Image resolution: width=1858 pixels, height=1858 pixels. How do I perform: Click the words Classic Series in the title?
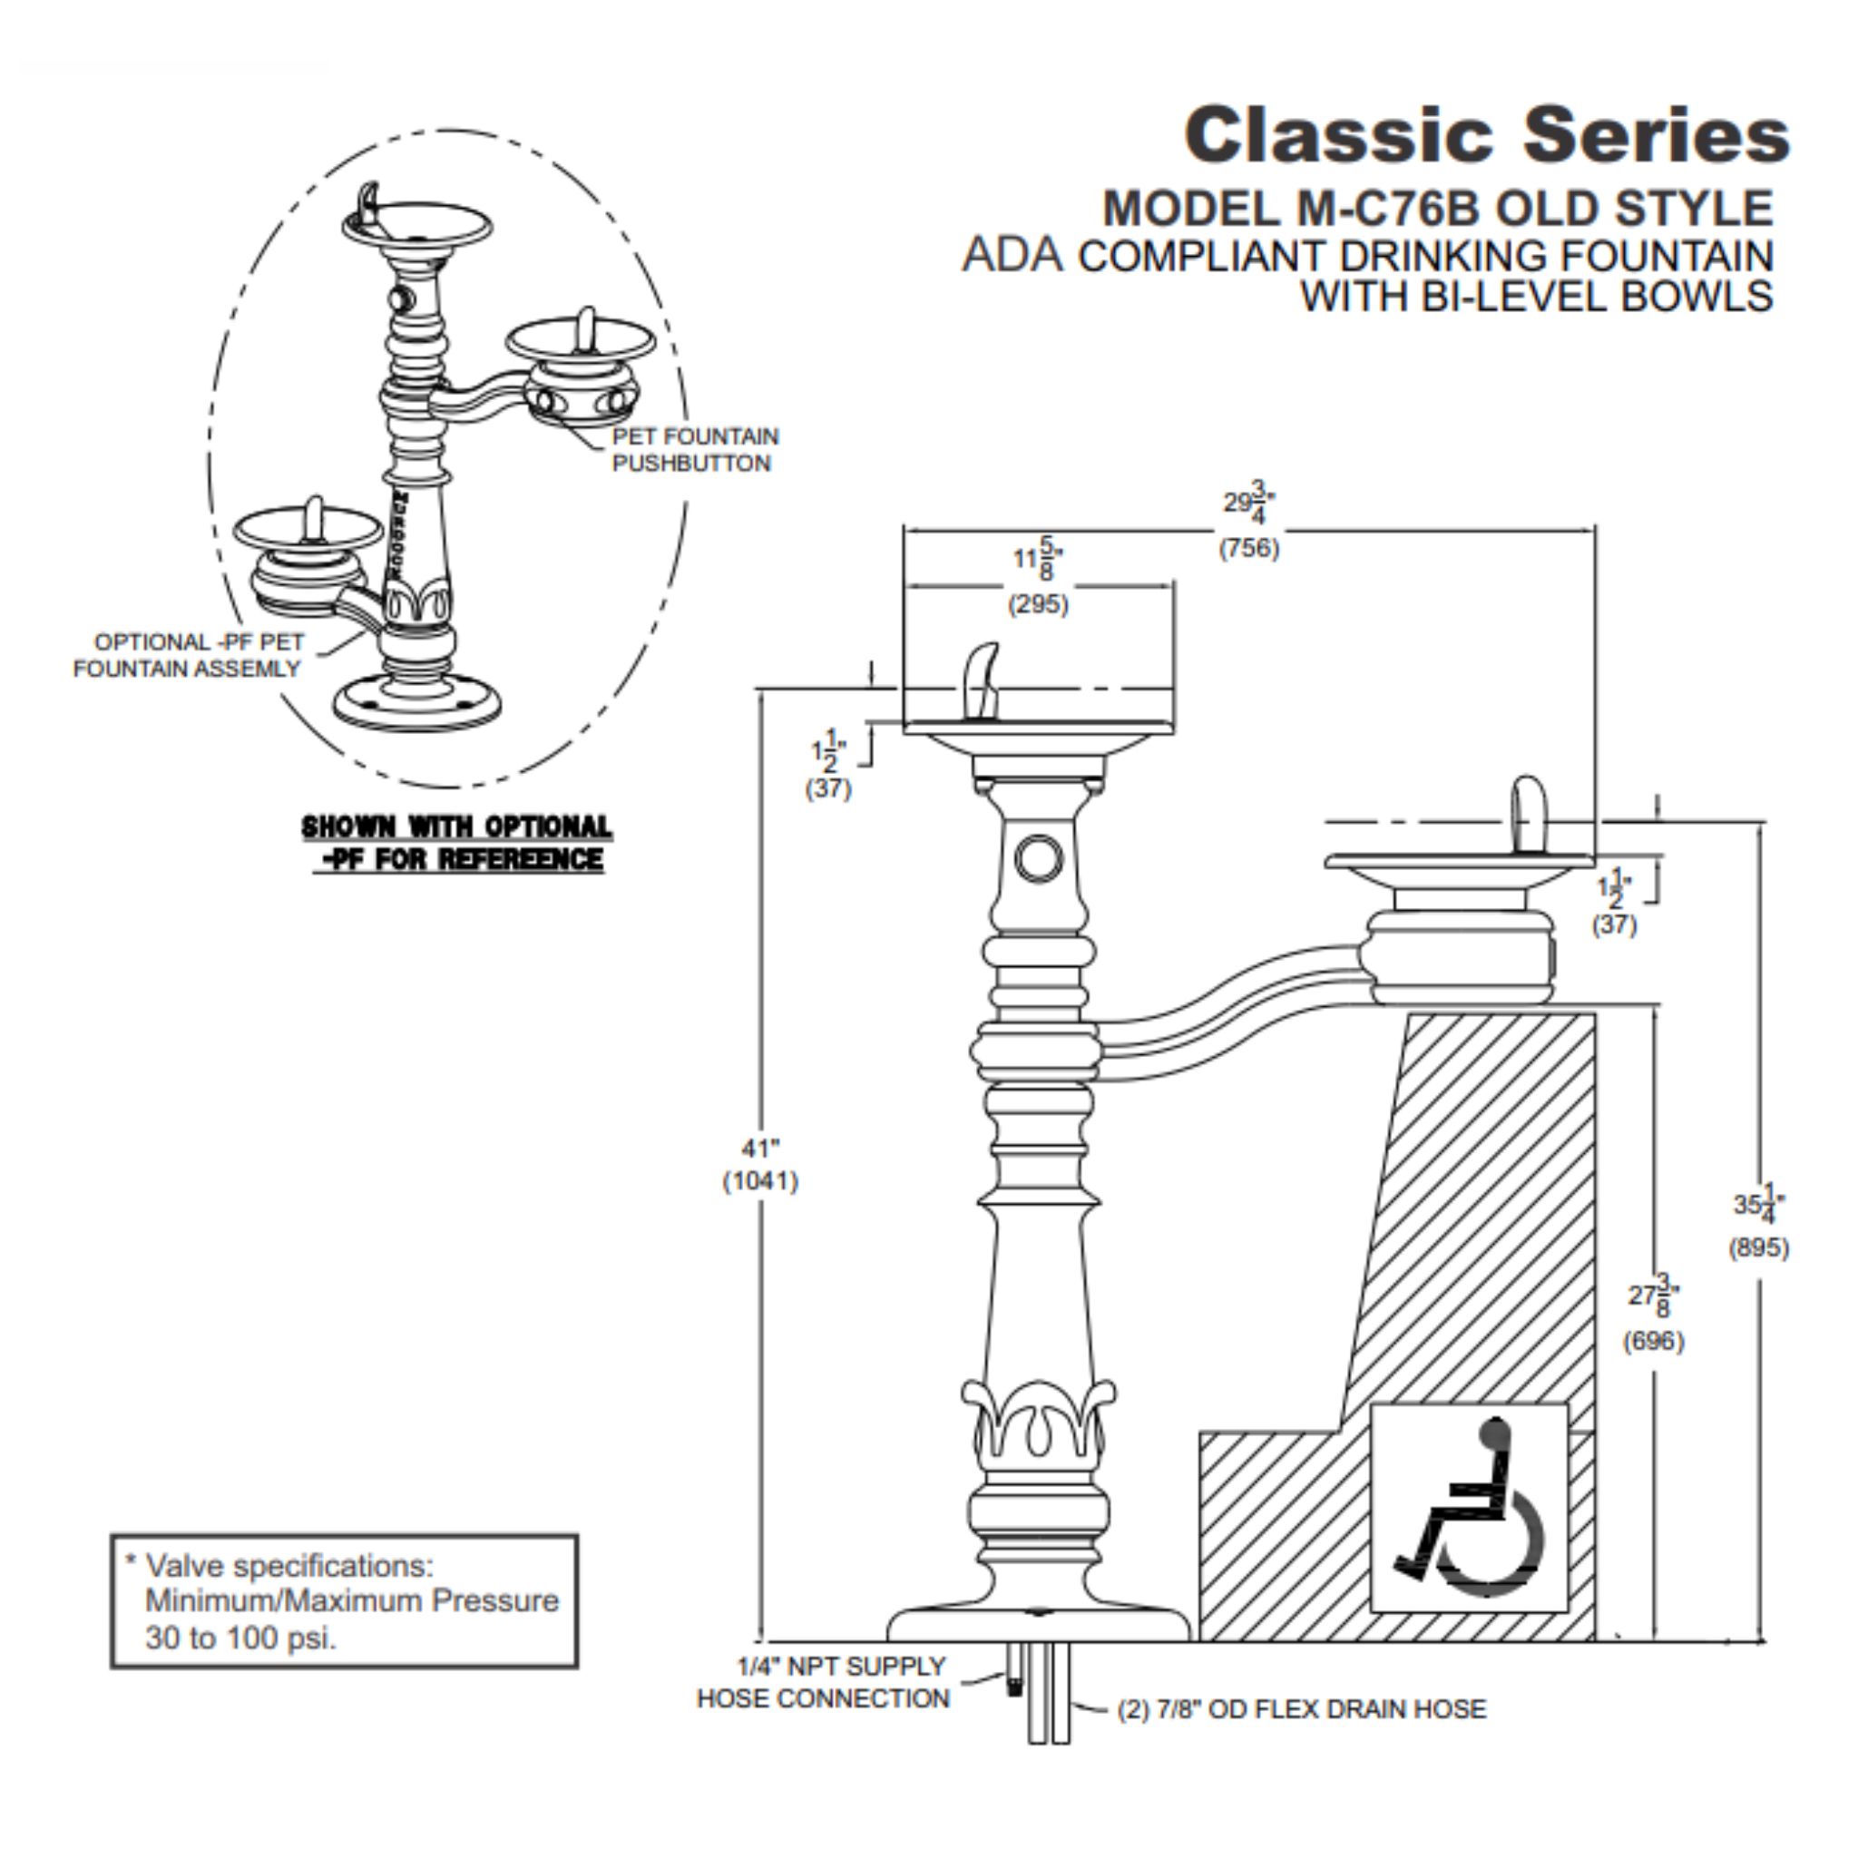pos(1486,135)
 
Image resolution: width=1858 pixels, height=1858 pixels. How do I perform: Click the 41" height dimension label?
pos(759,1149)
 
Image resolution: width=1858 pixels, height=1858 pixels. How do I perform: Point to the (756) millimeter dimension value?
pos(1248,548)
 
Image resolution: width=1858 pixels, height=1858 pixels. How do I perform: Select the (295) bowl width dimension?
pos(1038,605)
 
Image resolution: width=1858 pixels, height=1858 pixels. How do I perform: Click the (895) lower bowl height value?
pos(1758,1248)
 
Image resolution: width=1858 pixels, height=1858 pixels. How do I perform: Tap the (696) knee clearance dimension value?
pos(1653,1341)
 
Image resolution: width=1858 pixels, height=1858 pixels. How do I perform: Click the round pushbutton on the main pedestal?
pos(1039,858)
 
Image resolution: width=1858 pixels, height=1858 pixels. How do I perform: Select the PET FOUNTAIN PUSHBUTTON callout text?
pos(694,450)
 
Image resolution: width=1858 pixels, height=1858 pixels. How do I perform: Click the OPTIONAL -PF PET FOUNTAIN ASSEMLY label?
pos(189,655)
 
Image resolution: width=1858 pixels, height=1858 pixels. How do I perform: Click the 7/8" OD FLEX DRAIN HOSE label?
pos(1301,1709)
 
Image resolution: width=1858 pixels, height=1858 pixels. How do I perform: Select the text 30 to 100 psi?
pos(240,1638)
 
